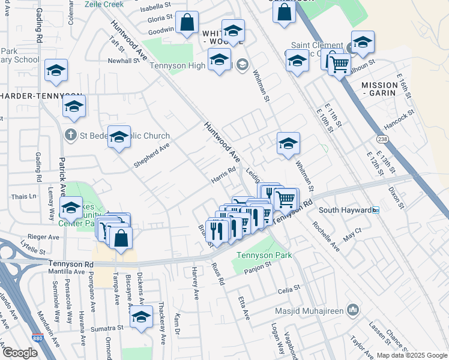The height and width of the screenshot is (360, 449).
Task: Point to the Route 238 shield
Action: (x=382, y=139)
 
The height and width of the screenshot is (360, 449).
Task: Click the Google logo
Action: (x=20, y=353)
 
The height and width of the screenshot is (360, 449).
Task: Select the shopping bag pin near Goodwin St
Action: (x=187, y=23)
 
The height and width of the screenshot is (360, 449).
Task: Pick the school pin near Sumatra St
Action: (x=142, y=317)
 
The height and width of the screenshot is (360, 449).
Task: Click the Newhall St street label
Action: (x=124, y=61)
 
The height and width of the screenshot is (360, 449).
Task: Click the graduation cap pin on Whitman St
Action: (x=288, y=144)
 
